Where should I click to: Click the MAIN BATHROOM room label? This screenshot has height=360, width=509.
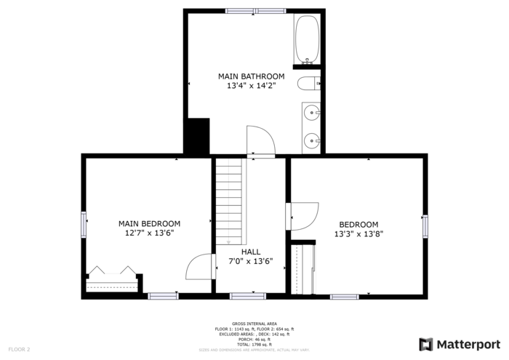point(251,76)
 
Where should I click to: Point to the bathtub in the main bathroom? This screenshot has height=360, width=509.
point(308,38)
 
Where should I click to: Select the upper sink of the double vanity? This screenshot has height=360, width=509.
point(313,113)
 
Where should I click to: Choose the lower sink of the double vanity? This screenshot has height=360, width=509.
point(313,140)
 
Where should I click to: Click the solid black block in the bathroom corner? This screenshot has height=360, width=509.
point(196,136)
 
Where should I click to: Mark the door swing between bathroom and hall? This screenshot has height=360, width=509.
point(260,140)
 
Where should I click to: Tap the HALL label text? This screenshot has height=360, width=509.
point(251,252)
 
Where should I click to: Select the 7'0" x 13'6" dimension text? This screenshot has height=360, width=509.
point(251,261)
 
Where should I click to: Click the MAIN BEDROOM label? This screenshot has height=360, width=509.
point(150,223)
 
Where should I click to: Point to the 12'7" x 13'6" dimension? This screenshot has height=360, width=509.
point(150,233)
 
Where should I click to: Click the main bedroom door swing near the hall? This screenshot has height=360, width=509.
point(199,267)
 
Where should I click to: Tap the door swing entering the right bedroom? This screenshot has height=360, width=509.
point(304,216)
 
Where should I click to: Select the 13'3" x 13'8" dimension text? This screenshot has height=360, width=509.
point(358,234)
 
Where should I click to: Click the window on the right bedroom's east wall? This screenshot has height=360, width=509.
point(425,226)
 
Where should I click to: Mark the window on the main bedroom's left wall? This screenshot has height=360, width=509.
point(84,223)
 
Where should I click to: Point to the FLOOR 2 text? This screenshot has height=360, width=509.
point(19,350)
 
